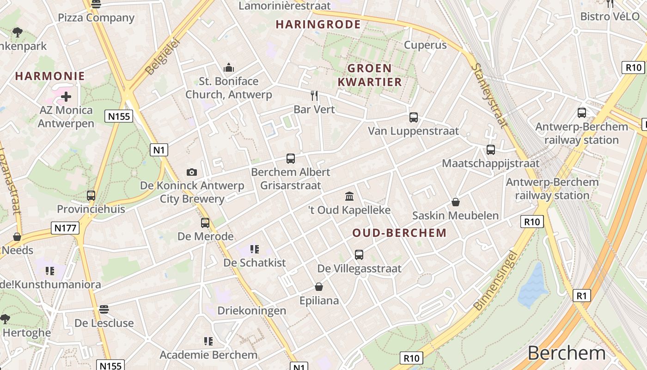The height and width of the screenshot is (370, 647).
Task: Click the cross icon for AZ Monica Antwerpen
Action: (66, 97)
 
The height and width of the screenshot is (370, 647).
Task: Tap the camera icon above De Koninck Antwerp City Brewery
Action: (192, 172)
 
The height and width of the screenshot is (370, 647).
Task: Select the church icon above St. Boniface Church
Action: (228, 68)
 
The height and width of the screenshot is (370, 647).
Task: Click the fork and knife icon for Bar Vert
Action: (314, 96)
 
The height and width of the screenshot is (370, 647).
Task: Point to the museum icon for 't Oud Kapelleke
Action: (349, 197)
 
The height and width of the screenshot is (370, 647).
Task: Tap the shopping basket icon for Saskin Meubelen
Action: (456, 202)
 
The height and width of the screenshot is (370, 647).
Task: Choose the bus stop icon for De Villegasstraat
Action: (359, 254)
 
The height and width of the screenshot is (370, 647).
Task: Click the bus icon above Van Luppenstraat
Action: (414, 117)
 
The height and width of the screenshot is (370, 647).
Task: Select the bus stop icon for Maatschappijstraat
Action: (490, 150)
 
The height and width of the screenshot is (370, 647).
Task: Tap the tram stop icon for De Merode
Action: (205, 223)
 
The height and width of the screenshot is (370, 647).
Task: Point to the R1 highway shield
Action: (582, 296)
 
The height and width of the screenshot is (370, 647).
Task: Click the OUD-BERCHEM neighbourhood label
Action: (399, 233)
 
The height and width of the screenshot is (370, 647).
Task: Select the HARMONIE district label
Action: (50, 76)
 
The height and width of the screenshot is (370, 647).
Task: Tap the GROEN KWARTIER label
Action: (370, 75)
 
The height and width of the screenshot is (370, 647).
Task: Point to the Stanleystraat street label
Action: (489, 95)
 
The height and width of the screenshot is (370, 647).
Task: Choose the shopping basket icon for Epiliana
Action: (319, 287)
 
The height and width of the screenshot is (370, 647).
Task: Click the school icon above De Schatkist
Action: (254, 249)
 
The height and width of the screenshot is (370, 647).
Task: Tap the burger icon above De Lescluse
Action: (104, 309)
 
